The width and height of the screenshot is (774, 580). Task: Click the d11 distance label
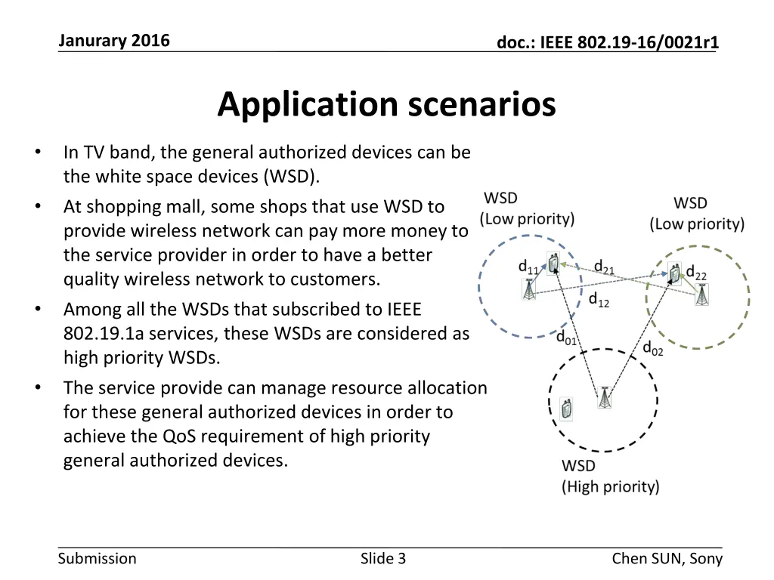[x=528, y=267]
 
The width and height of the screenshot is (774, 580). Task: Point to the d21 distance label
[x=603, y=267]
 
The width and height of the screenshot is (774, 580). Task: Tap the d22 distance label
[x=695, y=272]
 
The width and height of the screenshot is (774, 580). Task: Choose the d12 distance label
[x=598, y=300]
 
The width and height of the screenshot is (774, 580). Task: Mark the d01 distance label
[x=566, y=338]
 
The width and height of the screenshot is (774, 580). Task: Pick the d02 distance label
[x=652, y=348]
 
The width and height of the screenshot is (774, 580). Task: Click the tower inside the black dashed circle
[x=604, y=398]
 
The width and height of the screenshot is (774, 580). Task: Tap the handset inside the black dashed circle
[x=566, y=408]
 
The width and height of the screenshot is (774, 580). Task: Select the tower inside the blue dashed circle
[x=529, y=289]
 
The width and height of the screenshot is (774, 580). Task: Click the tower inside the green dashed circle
[x=702, y=295]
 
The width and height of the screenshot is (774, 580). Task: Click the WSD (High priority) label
[x=610, y=477]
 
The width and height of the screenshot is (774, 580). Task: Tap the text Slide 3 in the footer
[x=383, y=559]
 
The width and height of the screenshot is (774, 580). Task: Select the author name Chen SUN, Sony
[x=667, y=559]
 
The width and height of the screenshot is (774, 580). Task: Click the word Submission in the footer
[x=98, y=559]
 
